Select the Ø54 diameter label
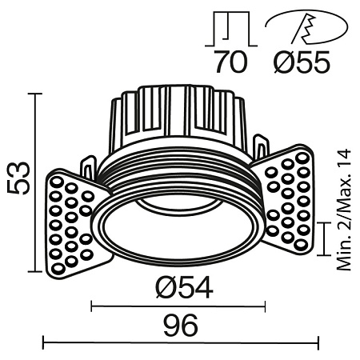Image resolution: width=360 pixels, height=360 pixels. (179, 286)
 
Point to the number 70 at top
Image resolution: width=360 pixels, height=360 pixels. (233, 62)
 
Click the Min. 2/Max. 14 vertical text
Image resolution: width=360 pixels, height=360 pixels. (344, 210)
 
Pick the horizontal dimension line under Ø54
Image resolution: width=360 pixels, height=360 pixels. (178, 304)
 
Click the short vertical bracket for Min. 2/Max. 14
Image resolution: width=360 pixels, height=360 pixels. (323, 238)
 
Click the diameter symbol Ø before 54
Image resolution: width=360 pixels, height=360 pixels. (160, 286)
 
